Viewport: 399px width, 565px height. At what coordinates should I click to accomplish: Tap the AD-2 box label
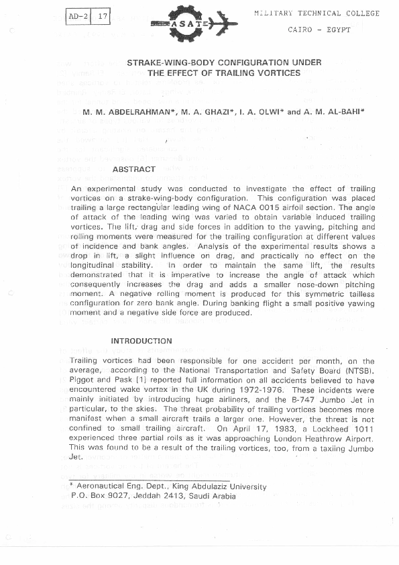[x=78, y=15]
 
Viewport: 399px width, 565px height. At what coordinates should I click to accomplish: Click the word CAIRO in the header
[x=300, y=30]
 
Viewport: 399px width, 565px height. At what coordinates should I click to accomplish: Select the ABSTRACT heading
[x=134, y=170]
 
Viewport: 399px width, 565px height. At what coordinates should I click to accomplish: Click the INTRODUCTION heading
[x=141, y=341]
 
